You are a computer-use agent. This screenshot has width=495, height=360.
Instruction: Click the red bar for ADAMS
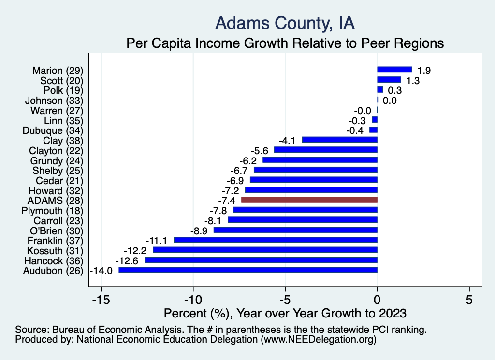coord(309,200)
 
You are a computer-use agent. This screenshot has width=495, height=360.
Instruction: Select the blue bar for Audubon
coord(248,270)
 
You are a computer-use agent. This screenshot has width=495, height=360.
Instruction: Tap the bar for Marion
coord(394,70)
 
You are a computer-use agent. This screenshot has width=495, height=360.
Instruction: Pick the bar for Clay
coord(339,140)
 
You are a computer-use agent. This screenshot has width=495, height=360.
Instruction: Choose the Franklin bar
coord(276,240)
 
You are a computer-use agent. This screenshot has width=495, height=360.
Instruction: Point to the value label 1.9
coord(424,71)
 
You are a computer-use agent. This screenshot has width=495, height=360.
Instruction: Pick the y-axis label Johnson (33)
coord(54,100)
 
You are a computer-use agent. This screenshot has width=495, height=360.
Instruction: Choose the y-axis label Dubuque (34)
coord(53,130)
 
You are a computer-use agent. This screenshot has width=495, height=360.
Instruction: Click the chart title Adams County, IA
coord(285,23)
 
